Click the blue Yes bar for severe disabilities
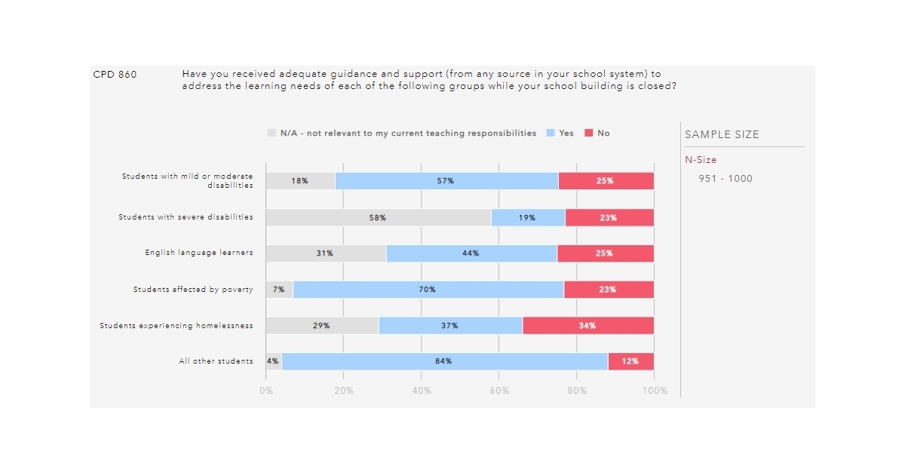click(x=528, y=217)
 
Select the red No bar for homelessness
click(x=588, y=326)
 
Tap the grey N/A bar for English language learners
click(x=326, y=253)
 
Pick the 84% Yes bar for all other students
click(x=444, y=361)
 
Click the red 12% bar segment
click(x=630, y=361)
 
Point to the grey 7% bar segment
click(x=279, y=290)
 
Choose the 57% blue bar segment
click(x=446, y=181)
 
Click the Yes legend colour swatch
click(x=551, y=134)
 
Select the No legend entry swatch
click(x=590, y=134)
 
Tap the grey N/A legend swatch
click(x=271, y=134)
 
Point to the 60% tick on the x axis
click(x=499, y=391)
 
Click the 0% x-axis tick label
click(x=266, y=391)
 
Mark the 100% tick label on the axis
click(x=654, y=391)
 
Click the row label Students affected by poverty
click(x=193, y=290)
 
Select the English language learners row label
click(x=199, y=253)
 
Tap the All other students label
click(x=216, y=361)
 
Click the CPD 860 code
click(x=115, y=75)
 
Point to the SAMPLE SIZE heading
click(x=722, y=135)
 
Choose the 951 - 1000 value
click(x=726, y=179)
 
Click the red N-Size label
click(x=701, y=160)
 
